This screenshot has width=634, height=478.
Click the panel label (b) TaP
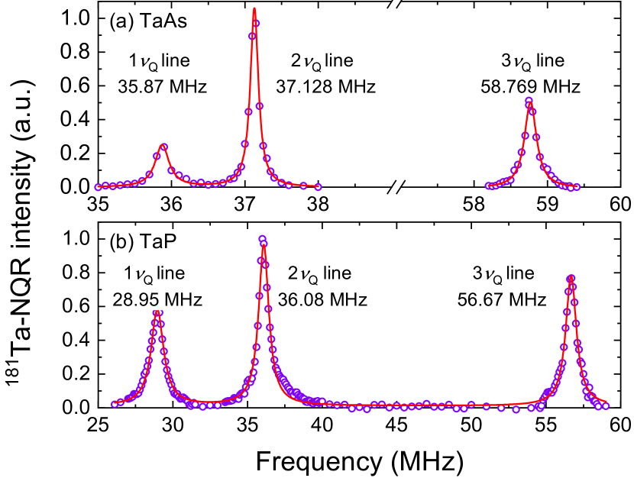pos(143,242)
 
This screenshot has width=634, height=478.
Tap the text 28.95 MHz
pos(157,299)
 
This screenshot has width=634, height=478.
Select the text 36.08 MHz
pos(322,299)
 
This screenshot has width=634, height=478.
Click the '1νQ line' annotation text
pos(157,273)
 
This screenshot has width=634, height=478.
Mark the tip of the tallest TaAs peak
pos(254,10)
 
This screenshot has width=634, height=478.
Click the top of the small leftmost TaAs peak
pos(163,145)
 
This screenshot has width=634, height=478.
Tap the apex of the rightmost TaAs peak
pos(529,100)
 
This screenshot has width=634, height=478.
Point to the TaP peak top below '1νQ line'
pos(157,312)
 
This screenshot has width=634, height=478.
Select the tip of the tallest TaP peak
pos(263,239)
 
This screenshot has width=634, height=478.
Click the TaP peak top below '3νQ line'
pos(570,278)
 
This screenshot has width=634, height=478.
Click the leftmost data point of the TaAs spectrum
pos(98,187)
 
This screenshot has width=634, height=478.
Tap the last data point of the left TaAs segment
pos(318,187)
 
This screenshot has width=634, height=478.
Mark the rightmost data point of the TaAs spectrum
pos(577,186)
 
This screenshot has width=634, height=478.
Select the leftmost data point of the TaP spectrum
pos(115,404)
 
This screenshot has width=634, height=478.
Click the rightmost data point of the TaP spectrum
pos(606,406)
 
